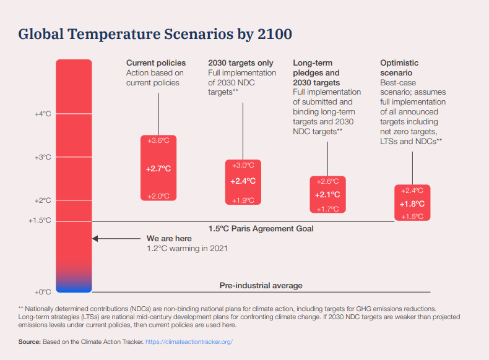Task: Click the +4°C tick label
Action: click(x=43, y=114)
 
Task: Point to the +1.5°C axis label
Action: click(x=40, y=220)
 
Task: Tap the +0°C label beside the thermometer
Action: click(x=43, y=291)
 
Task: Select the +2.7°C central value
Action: click(x=158, y=168)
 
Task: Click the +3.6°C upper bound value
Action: click(x=158, y=140)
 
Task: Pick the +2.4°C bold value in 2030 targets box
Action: click(x=243, y=181)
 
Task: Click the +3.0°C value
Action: click(x=243, y=165)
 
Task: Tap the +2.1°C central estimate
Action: click(x=327, y=195)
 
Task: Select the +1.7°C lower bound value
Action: click(x=327, y=209)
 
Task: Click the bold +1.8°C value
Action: click(x=412, y=204)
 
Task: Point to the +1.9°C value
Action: click(x=243, y=200)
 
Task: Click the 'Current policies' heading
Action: click(x=156, y=63)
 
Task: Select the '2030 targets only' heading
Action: click(x=241, y=63)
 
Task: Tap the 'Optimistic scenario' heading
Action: click(x=399, y=67)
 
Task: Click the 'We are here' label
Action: click(x=169, y=238)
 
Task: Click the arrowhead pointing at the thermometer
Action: click(x=95, y=238)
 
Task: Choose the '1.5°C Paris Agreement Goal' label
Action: click(x=261, y=229)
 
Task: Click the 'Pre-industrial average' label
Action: click(x=261, y=286)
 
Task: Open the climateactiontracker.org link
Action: click(x=189, y=341)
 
